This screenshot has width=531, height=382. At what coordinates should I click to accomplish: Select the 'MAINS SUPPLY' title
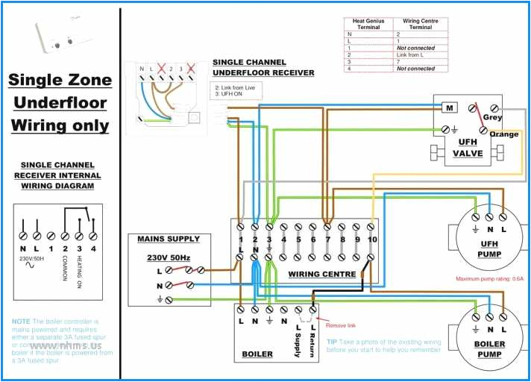169,239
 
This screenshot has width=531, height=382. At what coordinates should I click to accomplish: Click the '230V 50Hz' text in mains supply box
168,257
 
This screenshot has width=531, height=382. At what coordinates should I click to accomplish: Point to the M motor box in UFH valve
450,108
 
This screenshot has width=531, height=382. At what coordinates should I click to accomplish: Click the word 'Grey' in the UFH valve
492,117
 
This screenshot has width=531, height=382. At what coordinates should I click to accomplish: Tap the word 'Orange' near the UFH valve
504,134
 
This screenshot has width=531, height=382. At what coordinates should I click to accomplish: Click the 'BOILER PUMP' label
489,349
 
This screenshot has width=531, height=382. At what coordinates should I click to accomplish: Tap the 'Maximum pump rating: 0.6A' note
489,279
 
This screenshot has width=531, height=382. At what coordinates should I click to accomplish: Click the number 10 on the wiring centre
371,239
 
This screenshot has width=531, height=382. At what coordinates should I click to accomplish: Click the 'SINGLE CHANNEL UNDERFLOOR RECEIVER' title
263,67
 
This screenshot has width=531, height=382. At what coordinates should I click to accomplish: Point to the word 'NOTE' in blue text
21,322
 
